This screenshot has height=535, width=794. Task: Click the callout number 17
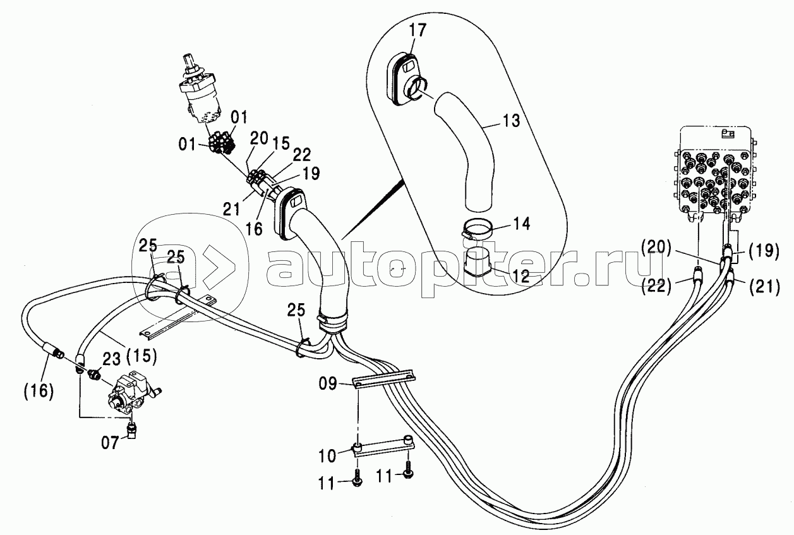(418, 30)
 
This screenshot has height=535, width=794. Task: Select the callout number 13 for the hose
(510, 121)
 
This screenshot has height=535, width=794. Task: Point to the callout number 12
(520, 277)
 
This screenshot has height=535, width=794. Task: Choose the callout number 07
(111, 443)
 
